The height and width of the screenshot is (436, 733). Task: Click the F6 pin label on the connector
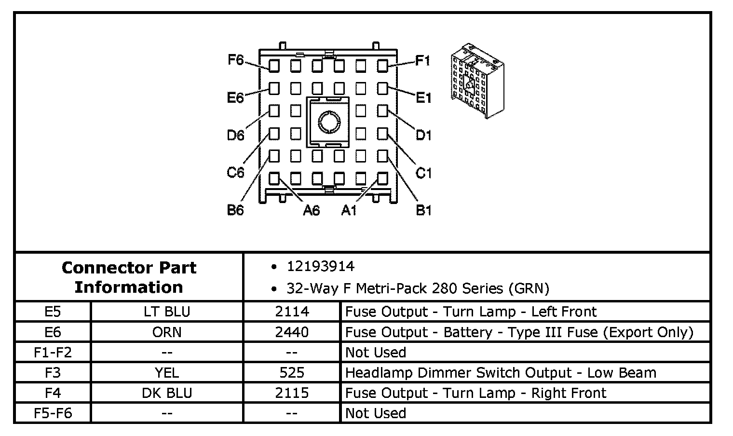236,60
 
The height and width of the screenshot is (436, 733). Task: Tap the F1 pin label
422,60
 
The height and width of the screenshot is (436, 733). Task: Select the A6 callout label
311,210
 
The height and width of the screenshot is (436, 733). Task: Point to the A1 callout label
349,210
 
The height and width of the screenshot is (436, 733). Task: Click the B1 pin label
423,210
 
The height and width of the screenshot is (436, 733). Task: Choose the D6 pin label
235,136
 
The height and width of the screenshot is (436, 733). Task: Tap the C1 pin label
423,173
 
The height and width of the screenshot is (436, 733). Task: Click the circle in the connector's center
328,121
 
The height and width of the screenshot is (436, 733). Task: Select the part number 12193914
320,267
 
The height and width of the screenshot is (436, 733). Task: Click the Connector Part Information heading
129,277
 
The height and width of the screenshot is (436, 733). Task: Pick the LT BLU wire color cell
167,312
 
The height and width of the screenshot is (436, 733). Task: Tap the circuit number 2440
292,332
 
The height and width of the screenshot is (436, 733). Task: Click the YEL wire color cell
167,373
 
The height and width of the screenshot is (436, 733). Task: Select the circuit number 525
292,373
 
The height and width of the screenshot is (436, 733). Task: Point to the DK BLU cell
167,393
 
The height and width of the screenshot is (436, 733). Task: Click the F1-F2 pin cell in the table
53,353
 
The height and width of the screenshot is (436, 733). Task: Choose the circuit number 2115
292,393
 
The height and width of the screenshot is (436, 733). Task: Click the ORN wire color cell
167,332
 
